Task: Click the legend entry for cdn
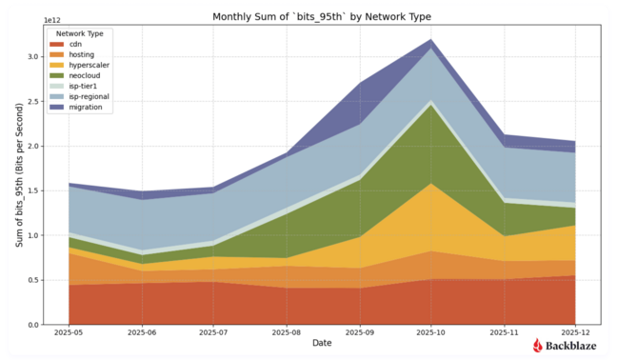pyautogui.click(x=76, y=45)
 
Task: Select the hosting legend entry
pyautogui.click(x=80, y=55)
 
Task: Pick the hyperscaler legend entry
pyautogui.click(x=85, y=66)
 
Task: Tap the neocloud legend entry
pyautogui.click(x=82, y=76)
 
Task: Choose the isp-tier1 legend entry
pyautogui.click(x=82, y=87)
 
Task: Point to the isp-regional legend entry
pyautogui.click(x=87, y=97)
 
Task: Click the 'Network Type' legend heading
pyautogui.click(x=80, y=34)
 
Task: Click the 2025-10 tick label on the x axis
pyautogui.click(x=432, y=333)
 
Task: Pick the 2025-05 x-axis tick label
pyautogui.click(x=69, y=333)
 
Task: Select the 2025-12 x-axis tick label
pyautogui.click(x=576, y=333)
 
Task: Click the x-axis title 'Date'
pyautogui.click(x=321, y=344)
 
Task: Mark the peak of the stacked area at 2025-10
pyautogui.click(x=432, y=40)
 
